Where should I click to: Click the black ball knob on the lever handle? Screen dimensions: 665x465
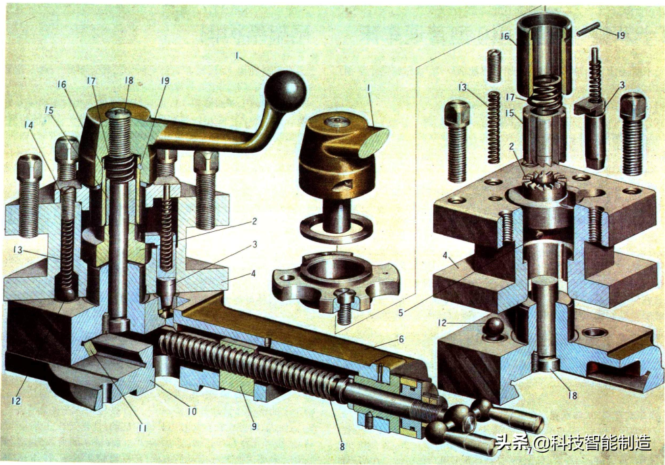pos(285,91)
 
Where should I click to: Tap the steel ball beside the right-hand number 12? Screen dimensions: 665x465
pos(493,328)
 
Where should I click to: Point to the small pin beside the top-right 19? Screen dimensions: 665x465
pos(588,29)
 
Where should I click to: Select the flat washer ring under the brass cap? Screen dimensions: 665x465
pos(337,228)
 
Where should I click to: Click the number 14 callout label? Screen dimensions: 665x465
pos(28,125)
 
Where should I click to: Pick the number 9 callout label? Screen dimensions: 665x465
pos(254,426)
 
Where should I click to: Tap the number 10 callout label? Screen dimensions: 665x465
pos(192,411)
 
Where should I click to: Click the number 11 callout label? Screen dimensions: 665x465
pos(142,428)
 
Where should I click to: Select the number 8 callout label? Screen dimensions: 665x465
pos(342,446)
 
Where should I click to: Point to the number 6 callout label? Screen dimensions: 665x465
pos(401,339)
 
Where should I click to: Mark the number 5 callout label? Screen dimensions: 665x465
pos(401,313)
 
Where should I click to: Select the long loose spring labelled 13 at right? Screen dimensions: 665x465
pos(493,127)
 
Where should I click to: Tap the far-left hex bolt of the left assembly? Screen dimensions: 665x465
pos(29,195)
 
